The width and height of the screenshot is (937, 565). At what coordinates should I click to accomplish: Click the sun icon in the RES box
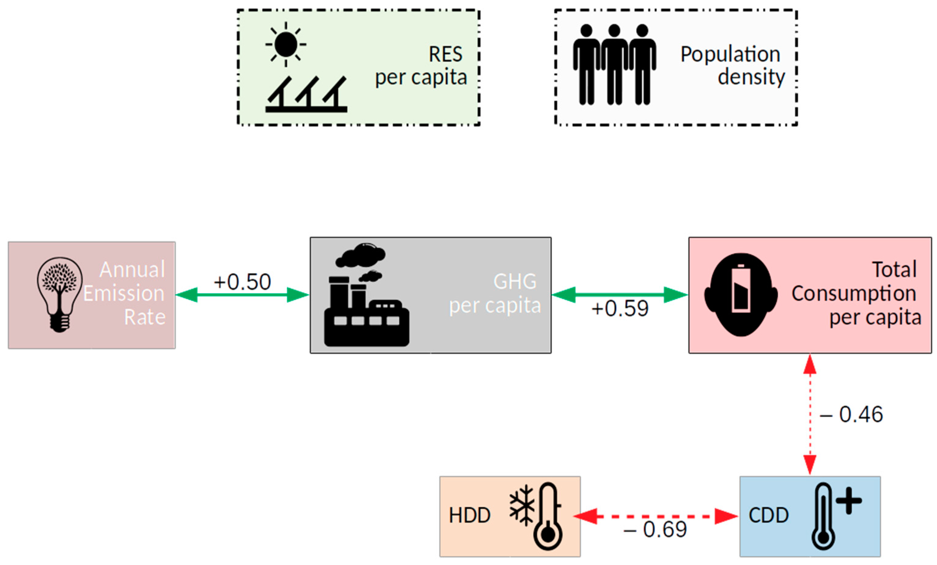tap(286, 45)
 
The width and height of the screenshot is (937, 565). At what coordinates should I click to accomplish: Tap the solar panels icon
tap(306, 95)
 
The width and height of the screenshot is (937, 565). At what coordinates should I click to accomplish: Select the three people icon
tap(614, 64)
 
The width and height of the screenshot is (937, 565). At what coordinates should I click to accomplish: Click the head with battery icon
tap(740, 295)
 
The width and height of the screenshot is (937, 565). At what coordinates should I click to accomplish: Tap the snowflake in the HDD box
tap(522, 505)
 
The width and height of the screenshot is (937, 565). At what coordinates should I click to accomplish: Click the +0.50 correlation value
tap(242, 282)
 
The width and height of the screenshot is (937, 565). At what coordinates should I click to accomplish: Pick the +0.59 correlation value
tap(620, 309)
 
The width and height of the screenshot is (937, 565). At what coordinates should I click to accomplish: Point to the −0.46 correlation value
tap(851, 414)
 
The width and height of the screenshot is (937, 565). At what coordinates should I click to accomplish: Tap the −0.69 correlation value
tap(655, 529)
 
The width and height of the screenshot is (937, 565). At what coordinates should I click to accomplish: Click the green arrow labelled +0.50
tap(242, 295)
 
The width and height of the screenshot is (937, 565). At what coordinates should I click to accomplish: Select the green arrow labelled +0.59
tap(620, 295)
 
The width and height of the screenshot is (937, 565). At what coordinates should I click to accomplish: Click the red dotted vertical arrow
tap(810, 414)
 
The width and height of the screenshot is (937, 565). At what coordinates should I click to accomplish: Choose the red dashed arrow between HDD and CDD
tap(655, 516)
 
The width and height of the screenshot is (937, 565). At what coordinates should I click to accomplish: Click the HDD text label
tap(470, 516)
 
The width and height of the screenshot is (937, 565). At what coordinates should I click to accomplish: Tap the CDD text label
tap(768, 516)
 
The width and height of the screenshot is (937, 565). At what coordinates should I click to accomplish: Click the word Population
tap(730, 54)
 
